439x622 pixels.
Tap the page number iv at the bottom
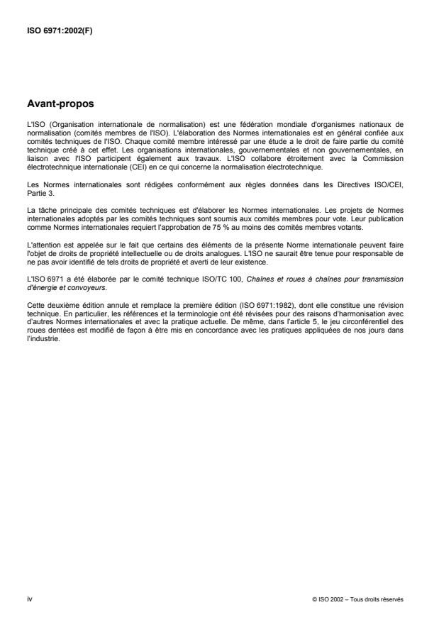29,599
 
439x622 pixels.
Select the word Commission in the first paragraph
385,160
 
